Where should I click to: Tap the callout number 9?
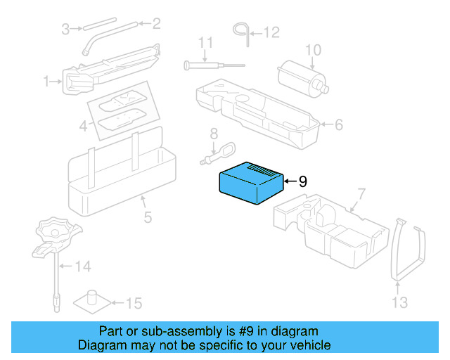[303, 181]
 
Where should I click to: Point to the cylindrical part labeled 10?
[301, 77]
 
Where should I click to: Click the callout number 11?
[205, 44]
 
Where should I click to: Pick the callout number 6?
[338, 125]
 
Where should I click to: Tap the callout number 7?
[361, 195]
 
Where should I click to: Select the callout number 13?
[399, 303]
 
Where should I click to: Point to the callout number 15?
[134, 304]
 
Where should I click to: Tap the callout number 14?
[83, 266]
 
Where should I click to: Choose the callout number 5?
[147, 217]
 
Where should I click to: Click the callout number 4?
[83, 127]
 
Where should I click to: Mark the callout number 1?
[46, 82]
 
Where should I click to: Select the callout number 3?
[65, 29]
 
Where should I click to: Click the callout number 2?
[156, 24]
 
